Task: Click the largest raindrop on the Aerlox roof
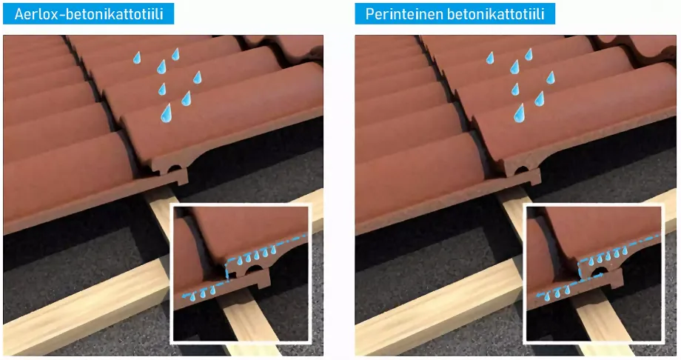(167, 113)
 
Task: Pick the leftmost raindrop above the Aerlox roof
(137, 57)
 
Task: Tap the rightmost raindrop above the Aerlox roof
(197, 77)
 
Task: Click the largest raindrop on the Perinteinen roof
(520, 113)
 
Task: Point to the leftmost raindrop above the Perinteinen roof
(490, 57)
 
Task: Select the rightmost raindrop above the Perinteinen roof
(550, 77)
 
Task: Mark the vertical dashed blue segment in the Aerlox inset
(226, 270)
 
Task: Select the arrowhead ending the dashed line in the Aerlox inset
(184, 296)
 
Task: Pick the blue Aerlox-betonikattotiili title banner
(89, 14)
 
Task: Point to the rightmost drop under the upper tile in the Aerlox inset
(273, 250)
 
